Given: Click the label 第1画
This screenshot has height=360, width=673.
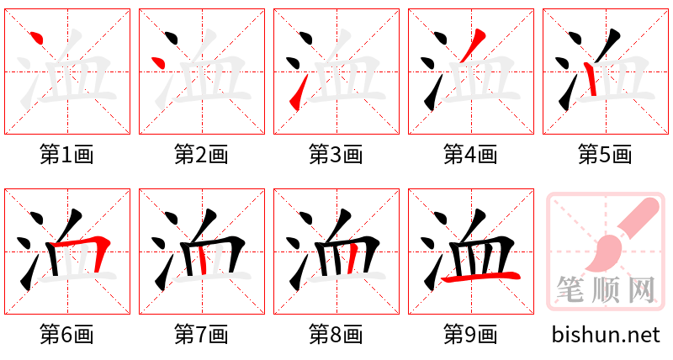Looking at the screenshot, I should point(67,154).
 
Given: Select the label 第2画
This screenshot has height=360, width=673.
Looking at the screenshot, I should point(202,154).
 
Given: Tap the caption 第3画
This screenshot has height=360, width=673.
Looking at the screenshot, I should point(336,154).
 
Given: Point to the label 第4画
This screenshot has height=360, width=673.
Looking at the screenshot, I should point(471,154).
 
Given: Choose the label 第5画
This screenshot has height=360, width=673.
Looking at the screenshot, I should point(606,154).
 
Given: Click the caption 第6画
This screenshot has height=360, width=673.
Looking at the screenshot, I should point(67,335).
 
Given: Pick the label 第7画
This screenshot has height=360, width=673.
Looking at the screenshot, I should point(202,335).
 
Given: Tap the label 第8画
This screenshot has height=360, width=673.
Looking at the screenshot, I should point(336,335).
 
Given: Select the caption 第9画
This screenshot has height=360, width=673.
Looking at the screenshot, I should point(471,335).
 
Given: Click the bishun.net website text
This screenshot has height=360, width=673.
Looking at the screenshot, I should point(606,335).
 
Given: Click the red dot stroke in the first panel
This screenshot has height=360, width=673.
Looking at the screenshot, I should point(35,38).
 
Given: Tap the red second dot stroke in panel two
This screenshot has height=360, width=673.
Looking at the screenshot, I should point(156,62).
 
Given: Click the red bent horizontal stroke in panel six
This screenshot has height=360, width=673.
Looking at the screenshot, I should point(91,249).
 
